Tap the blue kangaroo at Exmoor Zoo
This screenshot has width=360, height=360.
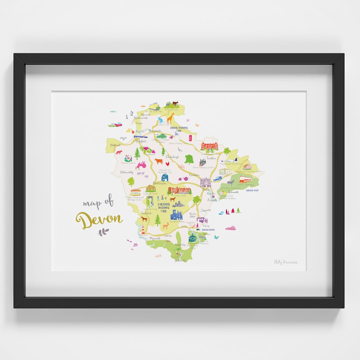(x=161, y=120)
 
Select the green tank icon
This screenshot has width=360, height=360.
(x=161, y=136)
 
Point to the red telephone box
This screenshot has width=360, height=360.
(x=190, y=138)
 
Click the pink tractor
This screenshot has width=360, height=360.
(x=141, y=165)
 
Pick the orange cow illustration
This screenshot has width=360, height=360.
(x=159, y=161)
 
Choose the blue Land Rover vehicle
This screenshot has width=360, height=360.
(x=217, y=179)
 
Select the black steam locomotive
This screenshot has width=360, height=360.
(x=202, y=162)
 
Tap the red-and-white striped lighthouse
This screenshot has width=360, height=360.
(x=143, y=230)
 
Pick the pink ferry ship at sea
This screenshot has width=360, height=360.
(x=230, y=228)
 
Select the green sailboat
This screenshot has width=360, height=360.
(x=238, y=210)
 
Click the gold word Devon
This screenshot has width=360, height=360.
(x=99, y=219)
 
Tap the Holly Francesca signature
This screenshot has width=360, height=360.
(x=285, y=262)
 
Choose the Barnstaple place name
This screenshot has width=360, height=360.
(x=155, y=131)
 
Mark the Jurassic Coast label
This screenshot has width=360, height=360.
(x=252, y=190)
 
